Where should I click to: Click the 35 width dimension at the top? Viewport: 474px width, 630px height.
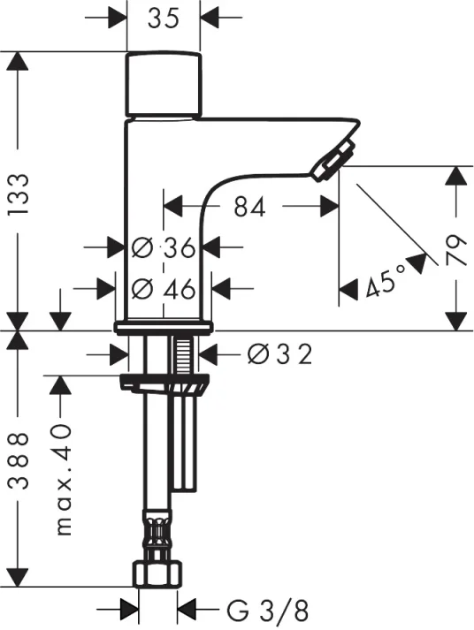click(163, 18)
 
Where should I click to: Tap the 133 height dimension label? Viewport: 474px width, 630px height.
click(19, 194)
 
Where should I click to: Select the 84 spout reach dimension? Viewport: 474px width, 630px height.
click(250, 207)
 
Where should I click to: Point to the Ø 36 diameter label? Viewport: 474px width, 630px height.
click(164, 247)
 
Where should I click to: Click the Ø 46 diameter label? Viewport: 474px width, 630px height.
click(164, 288)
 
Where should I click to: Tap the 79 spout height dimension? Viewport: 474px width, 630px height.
click(456, 251)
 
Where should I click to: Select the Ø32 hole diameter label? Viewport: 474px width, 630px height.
click(279, 354)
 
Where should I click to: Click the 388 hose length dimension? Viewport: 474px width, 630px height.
click(19, 460)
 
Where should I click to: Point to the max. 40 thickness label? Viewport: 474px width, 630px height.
click(64, 479)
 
